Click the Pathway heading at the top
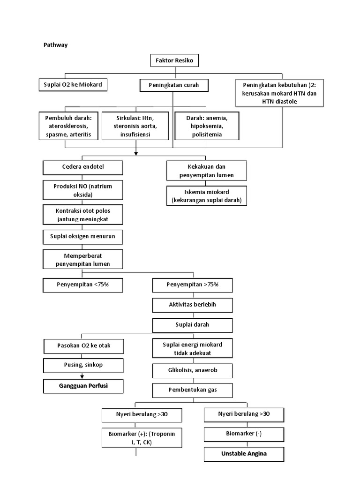[56, 45]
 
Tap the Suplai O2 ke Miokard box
[72, 84]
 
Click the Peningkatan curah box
[174, 85]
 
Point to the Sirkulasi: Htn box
[135, 126]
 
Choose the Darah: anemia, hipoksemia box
[207, 126]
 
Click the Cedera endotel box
[83, 167]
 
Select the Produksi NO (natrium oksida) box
[83, 190]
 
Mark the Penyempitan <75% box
[83, 285]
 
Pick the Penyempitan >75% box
[193, 285]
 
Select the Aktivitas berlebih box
[193, 305]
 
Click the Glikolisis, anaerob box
[193, 371]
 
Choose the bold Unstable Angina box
[244, 454]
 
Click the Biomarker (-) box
[244, 434]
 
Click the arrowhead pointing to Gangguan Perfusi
[83, 376]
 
